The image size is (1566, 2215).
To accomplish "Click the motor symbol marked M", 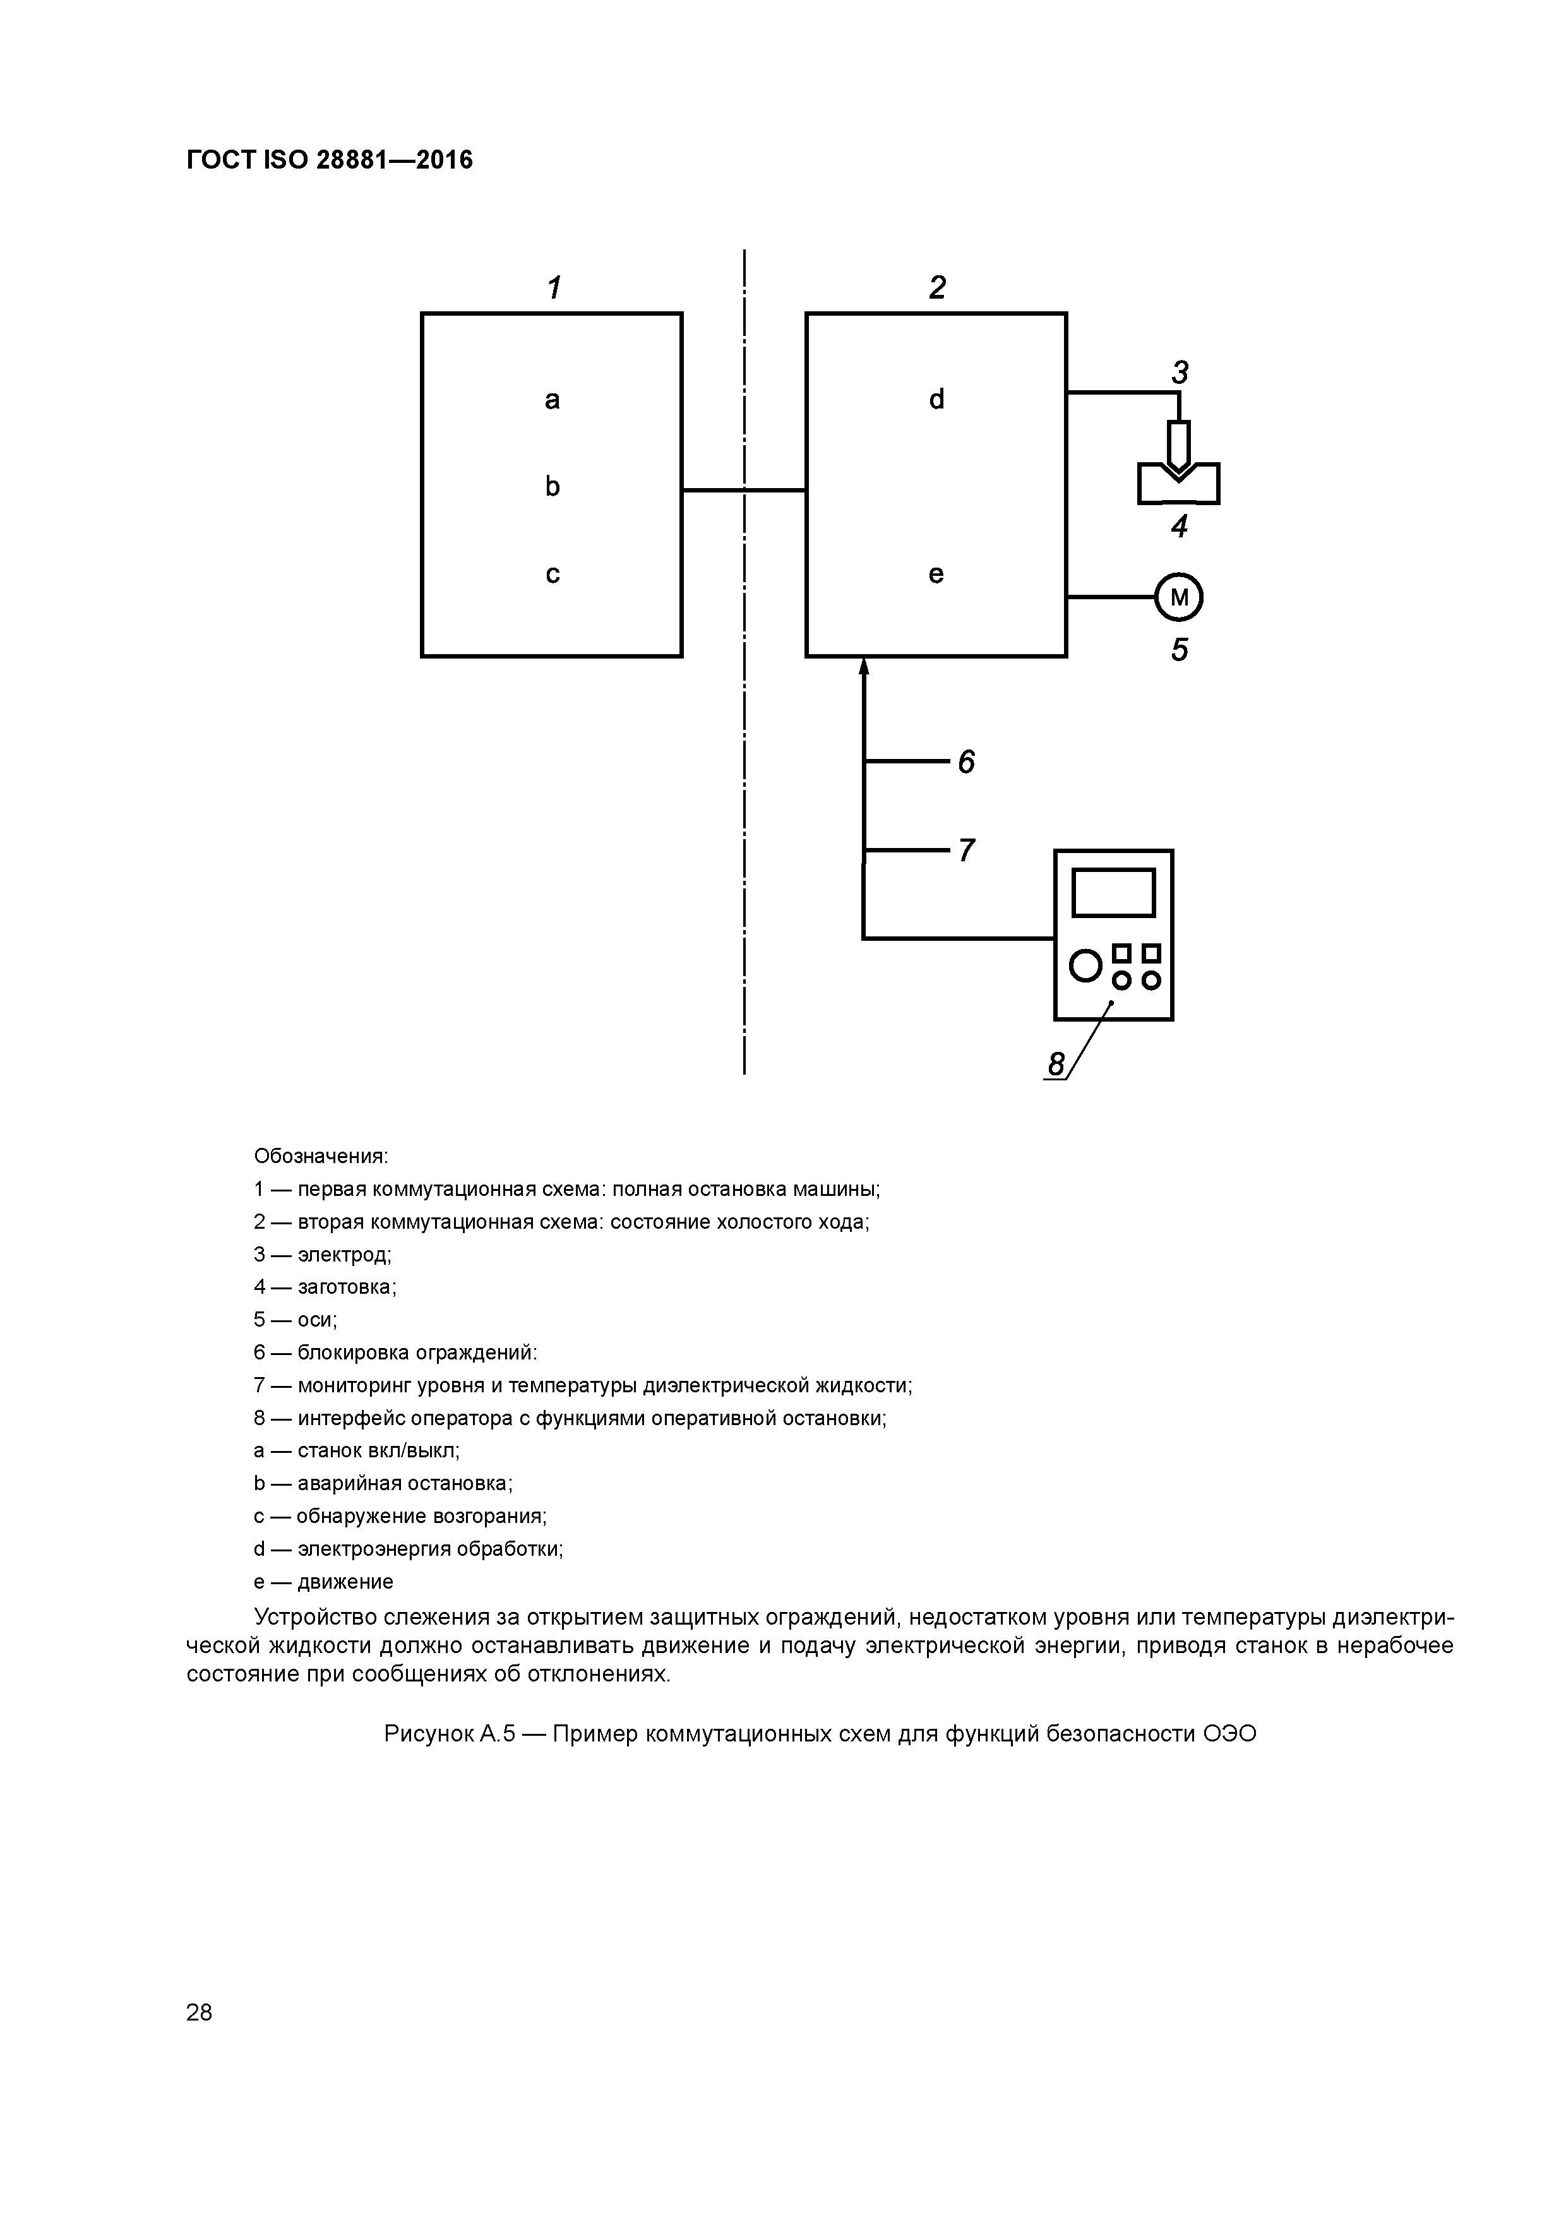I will (x=1178, y=598).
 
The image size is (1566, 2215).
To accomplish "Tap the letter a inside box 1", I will (x=552, y=400).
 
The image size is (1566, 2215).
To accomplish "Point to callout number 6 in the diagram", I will (x=966, y=762).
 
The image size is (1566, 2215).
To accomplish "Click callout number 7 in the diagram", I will (x=966, y=850).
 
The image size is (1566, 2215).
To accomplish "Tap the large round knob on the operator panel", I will (x=1085, y=965).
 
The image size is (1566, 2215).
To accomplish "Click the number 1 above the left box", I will (x=554, y=287).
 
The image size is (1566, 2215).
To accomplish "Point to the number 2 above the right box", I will (x=937, y=287).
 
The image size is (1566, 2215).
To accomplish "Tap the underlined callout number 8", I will (x=1056, y=1064).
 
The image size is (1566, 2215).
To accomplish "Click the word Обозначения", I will (x=320, y=1155).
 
